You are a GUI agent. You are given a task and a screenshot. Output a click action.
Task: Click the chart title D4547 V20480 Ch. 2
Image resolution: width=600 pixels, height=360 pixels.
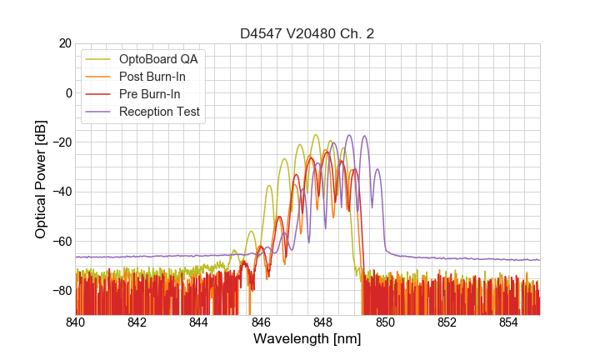pos(307,34)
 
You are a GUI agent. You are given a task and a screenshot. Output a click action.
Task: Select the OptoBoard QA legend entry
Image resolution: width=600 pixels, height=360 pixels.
pos(158,59)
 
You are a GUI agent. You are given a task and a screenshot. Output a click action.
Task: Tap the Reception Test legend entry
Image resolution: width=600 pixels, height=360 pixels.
pos(159,112)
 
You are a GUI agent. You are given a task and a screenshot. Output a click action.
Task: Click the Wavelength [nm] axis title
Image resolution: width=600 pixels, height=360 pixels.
pos(307,339)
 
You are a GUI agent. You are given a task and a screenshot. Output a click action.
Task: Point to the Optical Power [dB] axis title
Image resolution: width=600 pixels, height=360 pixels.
pos(41,179)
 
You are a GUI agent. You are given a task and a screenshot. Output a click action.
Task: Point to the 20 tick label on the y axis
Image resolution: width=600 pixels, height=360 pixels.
pos(64,43)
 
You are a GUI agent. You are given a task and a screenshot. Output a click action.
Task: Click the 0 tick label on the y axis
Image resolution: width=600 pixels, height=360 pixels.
pos(68,92)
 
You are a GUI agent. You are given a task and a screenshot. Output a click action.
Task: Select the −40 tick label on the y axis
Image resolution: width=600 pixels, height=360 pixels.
pos(60,192)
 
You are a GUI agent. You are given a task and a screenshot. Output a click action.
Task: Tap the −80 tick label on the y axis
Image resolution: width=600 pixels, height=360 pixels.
pos(60,291)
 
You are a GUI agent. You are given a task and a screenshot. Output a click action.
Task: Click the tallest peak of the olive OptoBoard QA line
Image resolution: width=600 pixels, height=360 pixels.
pos(316,135)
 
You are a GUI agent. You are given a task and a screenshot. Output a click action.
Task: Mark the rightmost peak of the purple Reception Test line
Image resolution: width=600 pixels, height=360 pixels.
pos(377,170)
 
